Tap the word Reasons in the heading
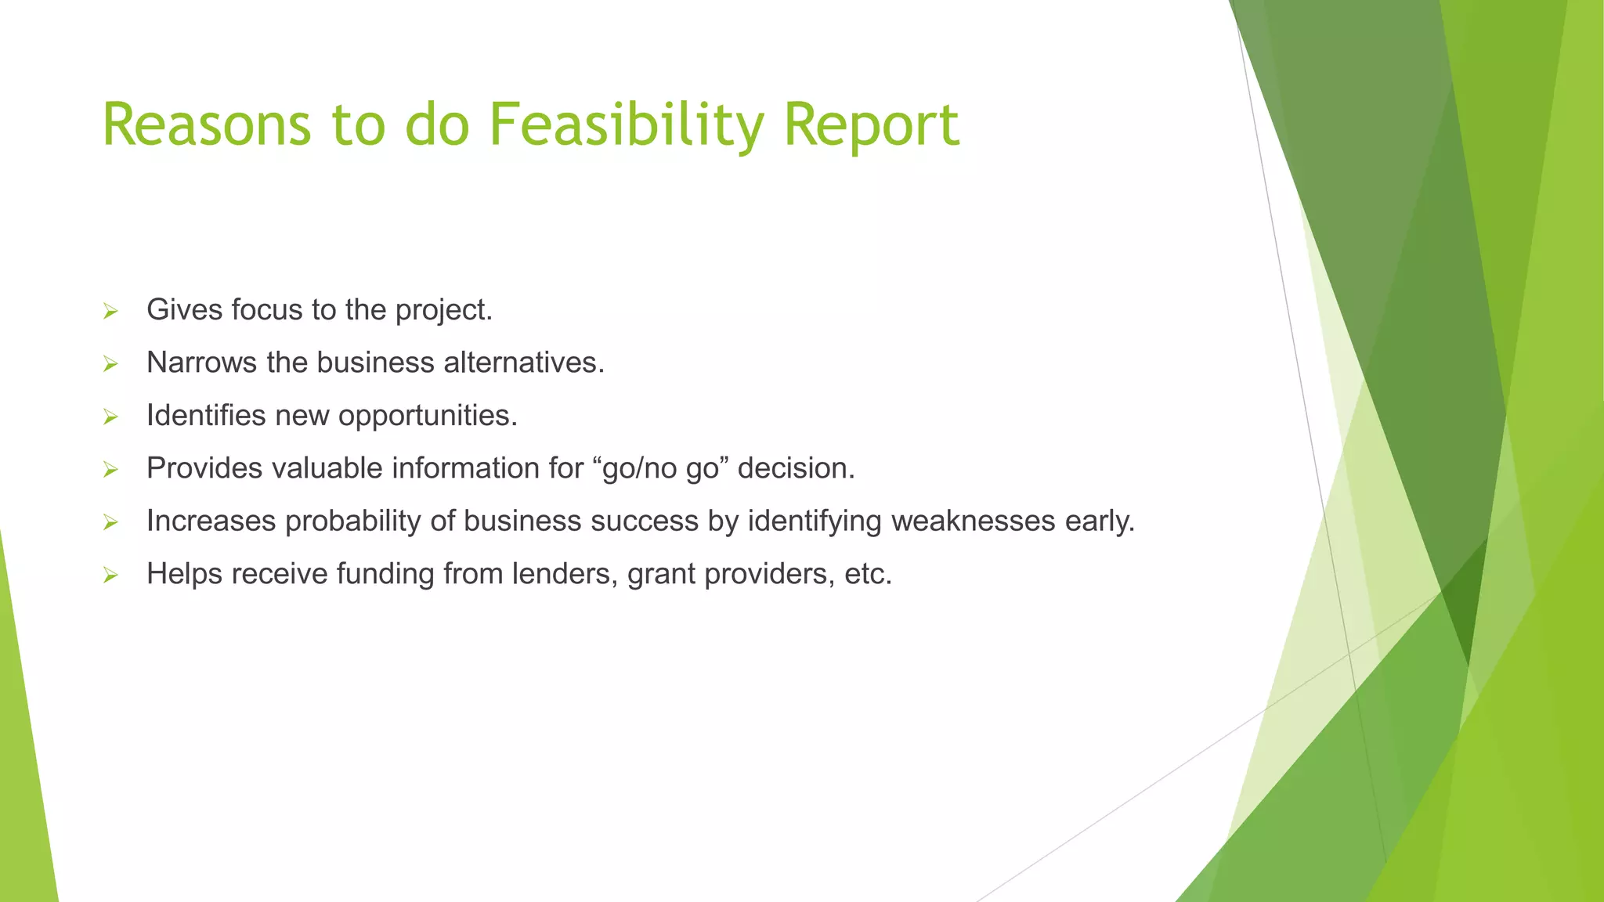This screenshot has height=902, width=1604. [206, 125]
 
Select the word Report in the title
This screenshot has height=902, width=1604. [871, 125]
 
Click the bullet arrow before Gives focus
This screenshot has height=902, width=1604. [110, 312]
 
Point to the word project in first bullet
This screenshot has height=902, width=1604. [443, 311]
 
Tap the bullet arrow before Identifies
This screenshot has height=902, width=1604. [110, 417]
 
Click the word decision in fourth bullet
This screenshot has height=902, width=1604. [795, 468]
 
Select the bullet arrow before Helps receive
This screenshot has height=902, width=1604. [110, 576]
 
